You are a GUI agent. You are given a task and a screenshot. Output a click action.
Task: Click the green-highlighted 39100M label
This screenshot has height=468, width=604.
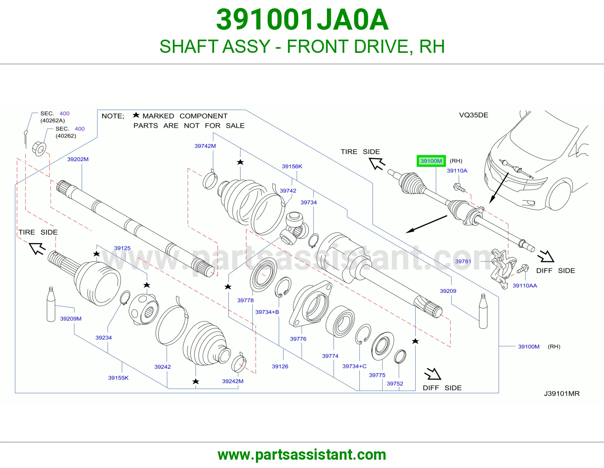[431, 161]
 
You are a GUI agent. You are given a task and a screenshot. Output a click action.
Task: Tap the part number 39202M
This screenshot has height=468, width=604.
[78, 159]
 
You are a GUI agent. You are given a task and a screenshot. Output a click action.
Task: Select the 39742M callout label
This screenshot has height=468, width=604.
[205, 146]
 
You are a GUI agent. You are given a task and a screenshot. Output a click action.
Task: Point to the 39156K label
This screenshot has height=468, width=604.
[292, 166]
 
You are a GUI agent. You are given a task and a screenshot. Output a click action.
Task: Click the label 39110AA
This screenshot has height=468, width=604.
[525, 285]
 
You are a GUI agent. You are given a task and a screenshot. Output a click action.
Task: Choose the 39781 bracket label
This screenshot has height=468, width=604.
[463, 261]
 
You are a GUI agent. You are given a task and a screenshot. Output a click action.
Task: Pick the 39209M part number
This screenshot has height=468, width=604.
[71, 319]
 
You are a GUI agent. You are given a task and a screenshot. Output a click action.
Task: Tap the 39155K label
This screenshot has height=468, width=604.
[118, 378]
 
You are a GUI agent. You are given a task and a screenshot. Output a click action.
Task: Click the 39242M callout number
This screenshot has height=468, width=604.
[233, 381]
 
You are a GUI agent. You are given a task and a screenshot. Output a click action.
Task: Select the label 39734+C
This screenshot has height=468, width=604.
[354, 366]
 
